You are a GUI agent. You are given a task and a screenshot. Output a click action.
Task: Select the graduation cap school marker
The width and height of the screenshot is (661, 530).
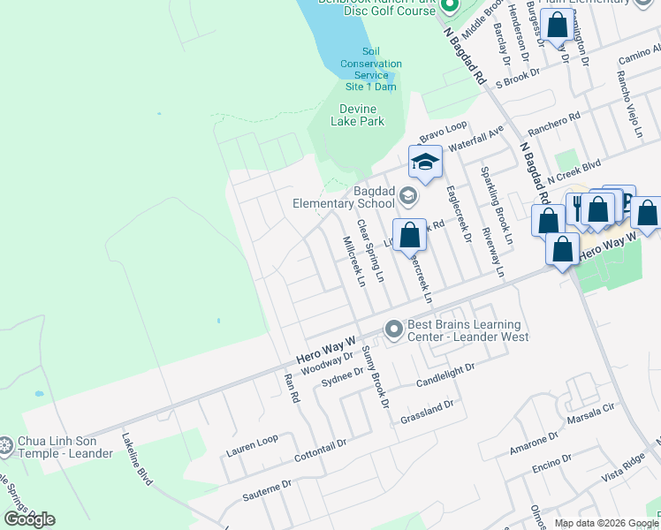click(x=424, y=163)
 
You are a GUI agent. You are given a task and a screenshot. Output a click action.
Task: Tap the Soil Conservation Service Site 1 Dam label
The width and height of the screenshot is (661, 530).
click(x=370, y=69)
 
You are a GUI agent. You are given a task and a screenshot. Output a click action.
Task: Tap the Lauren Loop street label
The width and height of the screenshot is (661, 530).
click(x=252, y=445)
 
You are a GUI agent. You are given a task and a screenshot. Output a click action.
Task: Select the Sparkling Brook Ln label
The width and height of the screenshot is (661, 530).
click(x=496, y=204)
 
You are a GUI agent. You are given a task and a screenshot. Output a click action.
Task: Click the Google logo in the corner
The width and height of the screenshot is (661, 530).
click(x=29, y=519)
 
